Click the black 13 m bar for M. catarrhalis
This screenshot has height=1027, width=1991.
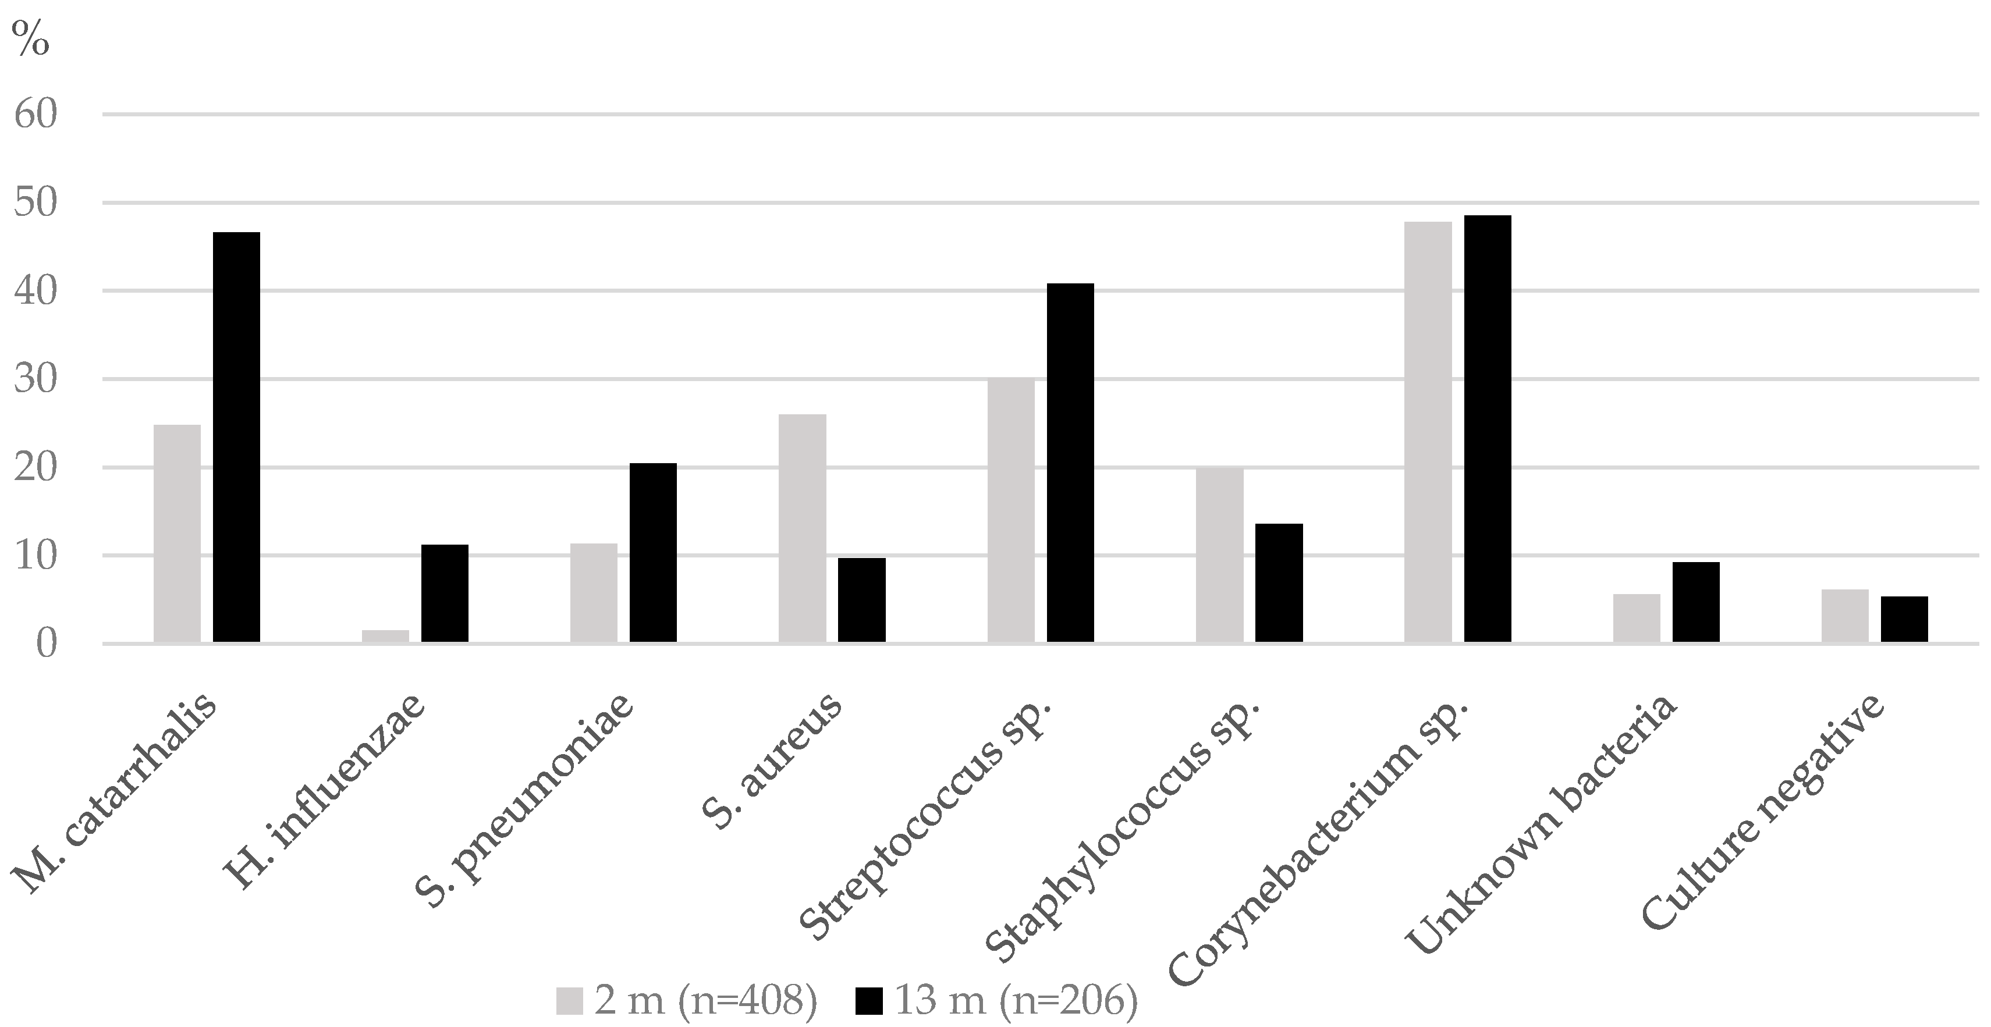click(x=236, y=436)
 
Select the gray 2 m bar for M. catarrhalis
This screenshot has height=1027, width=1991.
click(x=177, y=533)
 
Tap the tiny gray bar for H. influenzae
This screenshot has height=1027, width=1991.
click(x=385, y=636)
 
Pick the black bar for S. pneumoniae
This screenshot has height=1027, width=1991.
click(x=653, y=553)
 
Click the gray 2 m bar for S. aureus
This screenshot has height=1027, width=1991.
click(x=802, y=528)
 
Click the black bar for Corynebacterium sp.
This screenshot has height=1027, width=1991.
click(x=1487, y=429)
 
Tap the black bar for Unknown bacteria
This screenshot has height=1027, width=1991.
click(x=1696, y=602)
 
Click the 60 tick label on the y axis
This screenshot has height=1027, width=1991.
click(x=36, y=115)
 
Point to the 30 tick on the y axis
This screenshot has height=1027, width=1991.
click(x=36, y=379)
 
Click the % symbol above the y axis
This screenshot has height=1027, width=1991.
click(x=31, y=38)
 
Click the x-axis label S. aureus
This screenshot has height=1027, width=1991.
click(x=773, y=761)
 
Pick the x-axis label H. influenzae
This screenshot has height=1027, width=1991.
click(x=325, y=792)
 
